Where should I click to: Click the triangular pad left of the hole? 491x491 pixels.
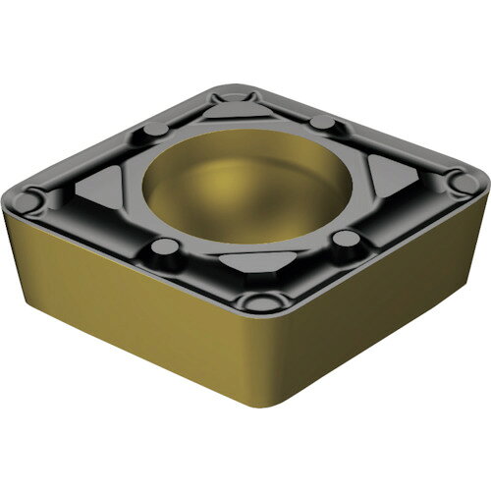100,183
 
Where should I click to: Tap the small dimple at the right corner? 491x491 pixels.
455,181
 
